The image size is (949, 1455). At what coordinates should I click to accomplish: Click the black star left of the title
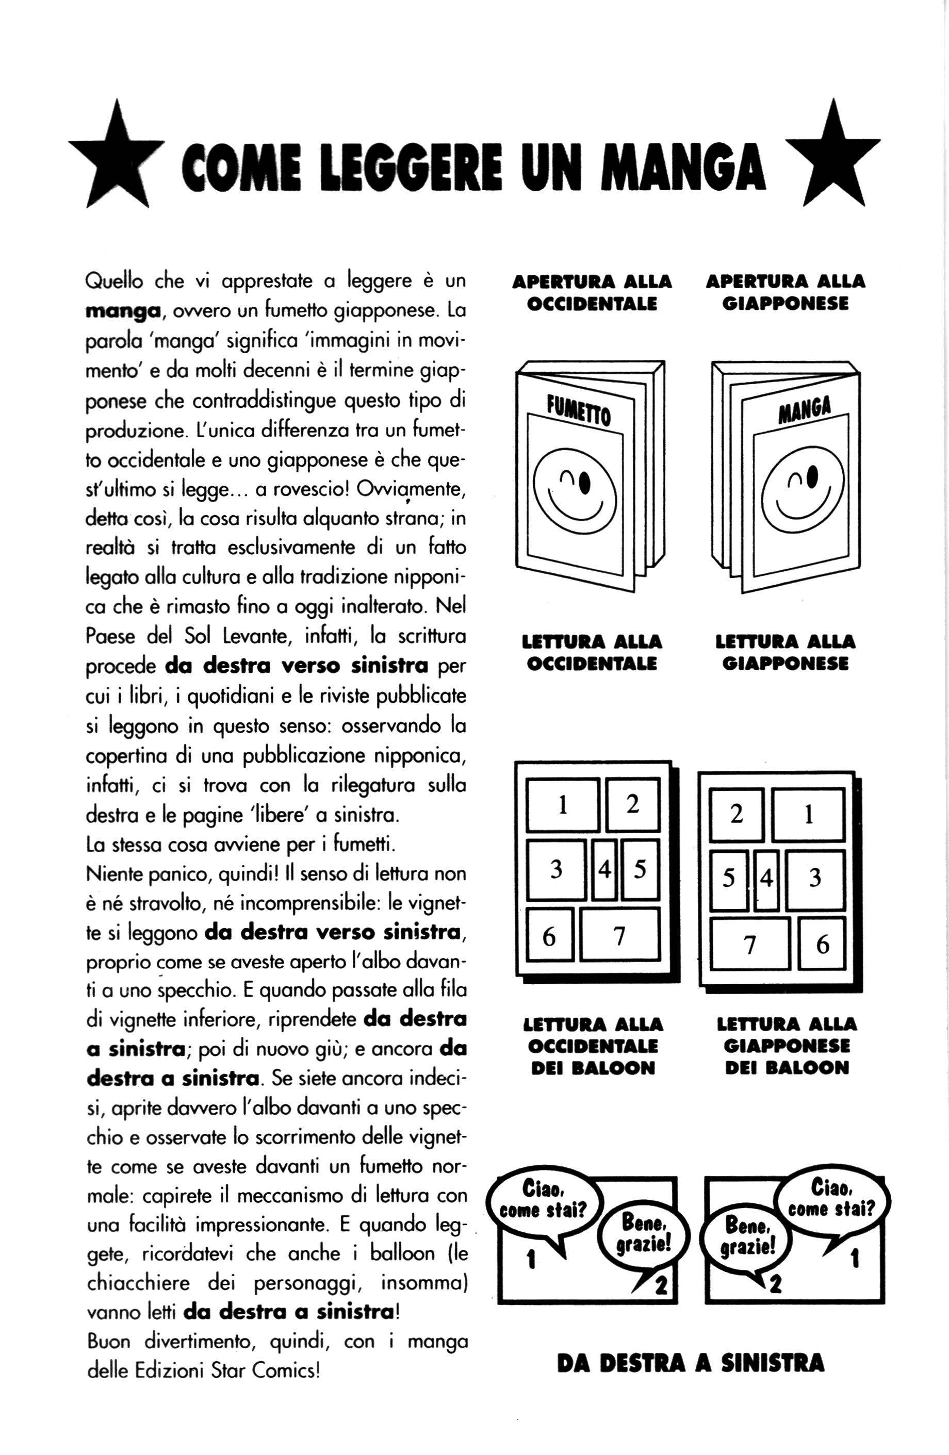(116, 160)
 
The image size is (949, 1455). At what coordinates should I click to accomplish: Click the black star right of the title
(832, 160)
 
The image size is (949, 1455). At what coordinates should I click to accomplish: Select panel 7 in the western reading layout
(619, 935)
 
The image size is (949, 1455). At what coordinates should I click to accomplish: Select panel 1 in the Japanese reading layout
(808, 815)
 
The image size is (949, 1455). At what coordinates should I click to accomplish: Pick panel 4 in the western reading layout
(604, 869)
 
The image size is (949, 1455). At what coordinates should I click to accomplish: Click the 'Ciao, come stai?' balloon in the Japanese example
(831, 1199)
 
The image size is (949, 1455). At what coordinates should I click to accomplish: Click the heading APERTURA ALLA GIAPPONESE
(785, 292)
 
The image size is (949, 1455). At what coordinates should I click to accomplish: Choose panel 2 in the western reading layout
(632, 804)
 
